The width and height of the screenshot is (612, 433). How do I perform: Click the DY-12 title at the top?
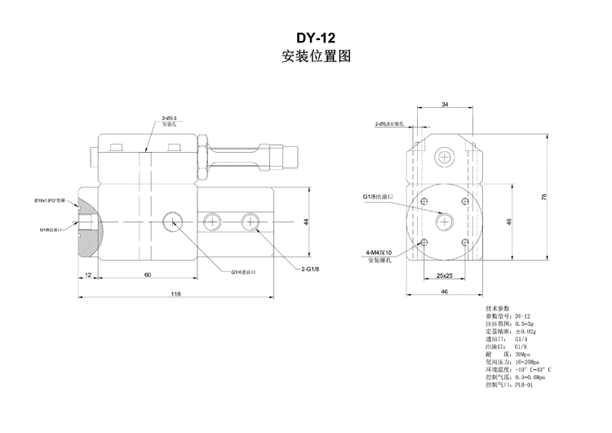coord(315,38)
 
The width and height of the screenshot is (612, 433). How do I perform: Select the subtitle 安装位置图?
coord(315,58)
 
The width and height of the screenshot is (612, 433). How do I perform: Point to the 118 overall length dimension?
coord(175,294)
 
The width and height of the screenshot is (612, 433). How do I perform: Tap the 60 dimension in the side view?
coord(147,275)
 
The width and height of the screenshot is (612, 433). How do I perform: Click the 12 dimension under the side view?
coord(87,275)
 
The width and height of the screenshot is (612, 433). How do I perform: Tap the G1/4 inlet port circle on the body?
coord(172,221)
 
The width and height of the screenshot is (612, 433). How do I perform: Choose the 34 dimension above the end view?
coord(444,105)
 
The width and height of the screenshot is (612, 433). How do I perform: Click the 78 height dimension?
coord(544,197)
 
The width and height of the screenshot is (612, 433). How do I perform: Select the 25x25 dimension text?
coord(445,275)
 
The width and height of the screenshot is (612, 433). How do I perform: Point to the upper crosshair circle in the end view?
coord(444,156)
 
